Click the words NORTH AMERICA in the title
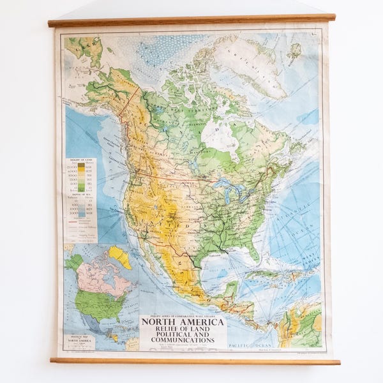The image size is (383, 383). coord(183,322)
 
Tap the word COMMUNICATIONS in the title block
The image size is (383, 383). coord(183,340)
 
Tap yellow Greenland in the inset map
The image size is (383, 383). coord(120,257)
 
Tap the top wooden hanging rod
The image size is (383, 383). coord(191,20)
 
